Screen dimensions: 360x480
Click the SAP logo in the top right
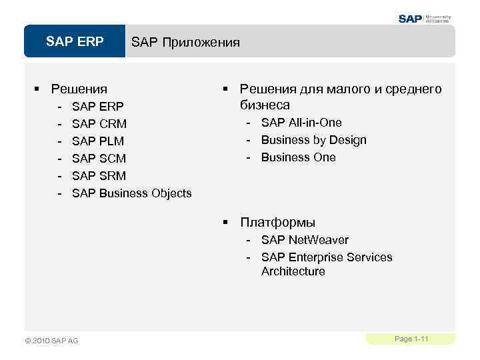(x=425, y=19)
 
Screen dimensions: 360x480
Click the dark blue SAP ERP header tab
(x=75, y=42)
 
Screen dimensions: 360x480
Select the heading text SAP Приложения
(x=185, y=43)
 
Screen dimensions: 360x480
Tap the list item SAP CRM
(x=99, y=123)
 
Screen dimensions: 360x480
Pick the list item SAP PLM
(x=97, y=141)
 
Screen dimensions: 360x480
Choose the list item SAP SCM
(x=99, y=158)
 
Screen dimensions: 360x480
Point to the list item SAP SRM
(x=99, y=175)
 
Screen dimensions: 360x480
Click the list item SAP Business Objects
(x=131, y=193)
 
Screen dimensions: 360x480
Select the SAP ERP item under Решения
(x=97, y=106)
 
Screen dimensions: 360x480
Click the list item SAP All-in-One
(x=301, y=123)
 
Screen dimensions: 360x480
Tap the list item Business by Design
(x=313, y=140)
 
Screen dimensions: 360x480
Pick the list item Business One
(x=298, y=157)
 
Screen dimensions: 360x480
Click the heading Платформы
(x=277, y=223)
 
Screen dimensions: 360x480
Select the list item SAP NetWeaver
(x=305, y=240)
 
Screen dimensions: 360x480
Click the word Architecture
(x=293, y=271)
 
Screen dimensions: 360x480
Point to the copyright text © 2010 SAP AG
(x=51, y=341)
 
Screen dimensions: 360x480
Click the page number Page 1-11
(x=411, y=339)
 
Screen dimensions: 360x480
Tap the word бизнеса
(x=265, y=105)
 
